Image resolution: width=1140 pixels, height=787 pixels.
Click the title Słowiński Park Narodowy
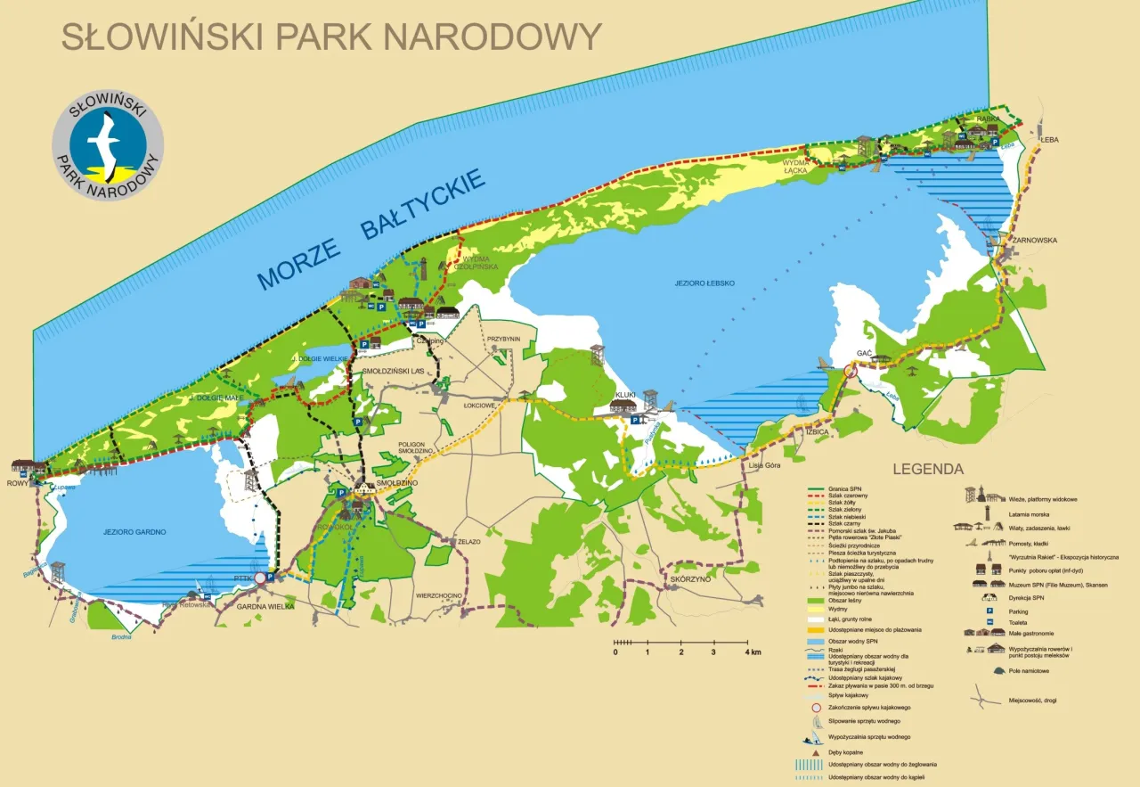tap(330, 36)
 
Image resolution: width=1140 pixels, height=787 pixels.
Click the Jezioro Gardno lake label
tap(138, 531)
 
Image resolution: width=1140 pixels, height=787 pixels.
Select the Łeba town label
tap(1051, 139)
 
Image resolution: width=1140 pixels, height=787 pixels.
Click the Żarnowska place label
tap(1034, 240)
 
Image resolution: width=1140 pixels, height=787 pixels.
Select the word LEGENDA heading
tap(928, 469)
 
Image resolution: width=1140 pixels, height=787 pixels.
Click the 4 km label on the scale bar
tap(753, 652)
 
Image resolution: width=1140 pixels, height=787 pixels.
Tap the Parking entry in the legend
tap(1018, 611)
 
